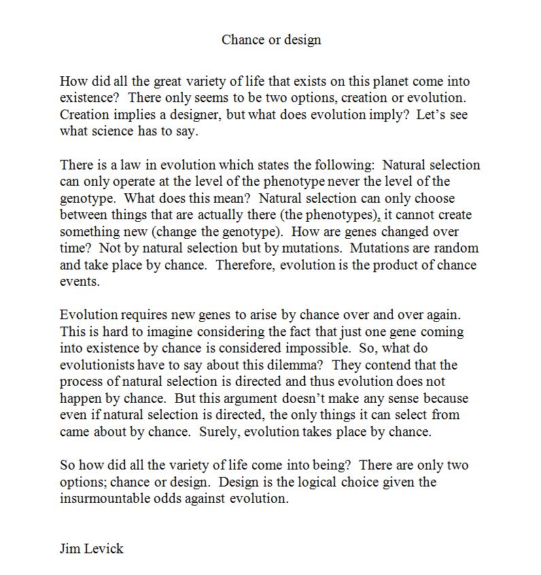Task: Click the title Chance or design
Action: pos(271,39)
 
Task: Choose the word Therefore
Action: pos(245,265)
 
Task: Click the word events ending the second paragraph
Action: pos(79,282)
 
